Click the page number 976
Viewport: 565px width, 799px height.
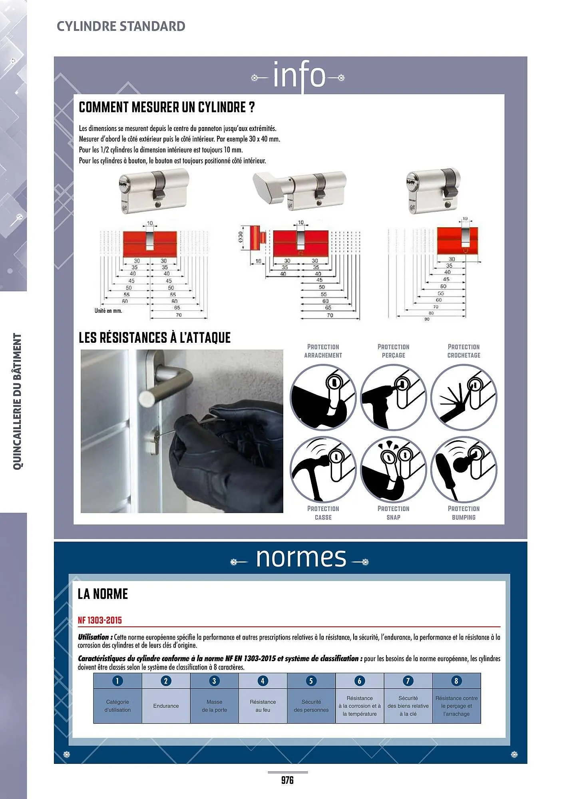pyautogui.click(x=287, y=780)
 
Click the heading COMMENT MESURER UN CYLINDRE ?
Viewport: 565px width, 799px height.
pyautogui.click(x=167, y=107)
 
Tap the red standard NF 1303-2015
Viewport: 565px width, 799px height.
pyautogui.click(x=100, y=620)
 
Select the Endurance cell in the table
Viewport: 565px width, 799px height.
pyautogui.click(x=166, y=706)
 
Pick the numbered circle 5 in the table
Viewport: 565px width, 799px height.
pyautogui.click(x=311, y=681)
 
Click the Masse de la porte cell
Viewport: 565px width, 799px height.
pyautogui.click(x=214, y=706)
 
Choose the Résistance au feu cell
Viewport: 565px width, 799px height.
pyautogui.click(x=263, y=706)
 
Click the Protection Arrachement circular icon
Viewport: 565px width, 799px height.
pyautogui.click(x=323, y=397)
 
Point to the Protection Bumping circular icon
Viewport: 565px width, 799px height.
pyautogui.click(x=464, y=469)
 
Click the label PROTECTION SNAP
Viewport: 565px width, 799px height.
pyautogui.click(x=393, y=513)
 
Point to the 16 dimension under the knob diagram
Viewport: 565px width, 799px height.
pyautogui.click(x=259, y=261)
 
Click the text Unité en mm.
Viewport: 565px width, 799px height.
pyautogui.click(x=108, y=310)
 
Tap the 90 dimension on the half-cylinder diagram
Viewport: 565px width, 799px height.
pyautogui.click(x=427, y=319)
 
